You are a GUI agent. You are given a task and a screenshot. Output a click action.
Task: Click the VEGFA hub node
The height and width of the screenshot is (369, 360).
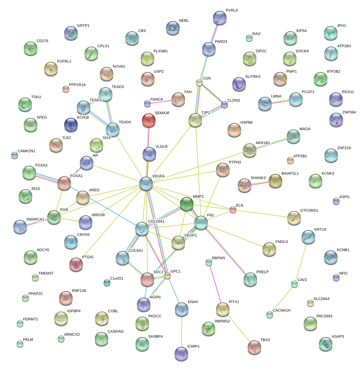(x=146, y=183)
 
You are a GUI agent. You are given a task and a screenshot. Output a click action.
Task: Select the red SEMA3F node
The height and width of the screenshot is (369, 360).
(x=148, y=120)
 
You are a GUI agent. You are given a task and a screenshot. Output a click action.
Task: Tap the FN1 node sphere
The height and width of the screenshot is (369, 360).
(x=201, y=223)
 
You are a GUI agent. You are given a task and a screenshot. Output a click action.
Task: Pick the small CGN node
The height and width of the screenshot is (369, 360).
(x=199, y=83)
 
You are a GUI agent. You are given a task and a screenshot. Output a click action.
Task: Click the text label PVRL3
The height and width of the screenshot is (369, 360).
(x=232, y=11)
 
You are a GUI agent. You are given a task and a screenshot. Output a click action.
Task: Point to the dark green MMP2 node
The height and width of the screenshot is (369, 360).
(x=186, y=204)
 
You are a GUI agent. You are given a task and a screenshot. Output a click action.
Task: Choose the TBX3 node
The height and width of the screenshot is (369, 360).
(x=254, y=347)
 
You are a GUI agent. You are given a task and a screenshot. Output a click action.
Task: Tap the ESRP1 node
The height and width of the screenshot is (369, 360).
(x=181, y=353)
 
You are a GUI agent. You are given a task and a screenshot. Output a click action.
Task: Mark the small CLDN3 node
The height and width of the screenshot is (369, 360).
(x=224, y=105)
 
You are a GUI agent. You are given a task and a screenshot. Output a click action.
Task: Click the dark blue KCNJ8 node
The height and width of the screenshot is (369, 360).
(x=71, y=125)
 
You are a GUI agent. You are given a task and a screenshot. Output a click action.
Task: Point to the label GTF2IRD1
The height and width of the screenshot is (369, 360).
(x=309, y=211)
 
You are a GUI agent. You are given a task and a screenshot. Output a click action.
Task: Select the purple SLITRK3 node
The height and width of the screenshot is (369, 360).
(x=239, y=84)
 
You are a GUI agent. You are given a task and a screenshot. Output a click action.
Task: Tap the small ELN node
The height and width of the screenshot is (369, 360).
(x=233, y=210)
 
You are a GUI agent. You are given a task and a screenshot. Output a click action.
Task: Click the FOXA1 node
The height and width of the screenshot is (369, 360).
(x=64, y=183)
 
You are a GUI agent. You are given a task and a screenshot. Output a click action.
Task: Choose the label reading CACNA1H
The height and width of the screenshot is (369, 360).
(x=282, y=311)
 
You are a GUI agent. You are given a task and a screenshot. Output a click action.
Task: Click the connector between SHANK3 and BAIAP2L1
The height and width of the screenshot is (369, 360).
(x=260, y=182)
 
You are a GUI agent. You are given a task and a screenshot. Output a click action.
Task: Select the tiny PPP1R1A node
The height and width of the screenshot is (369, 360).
(x=66, y=89)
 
